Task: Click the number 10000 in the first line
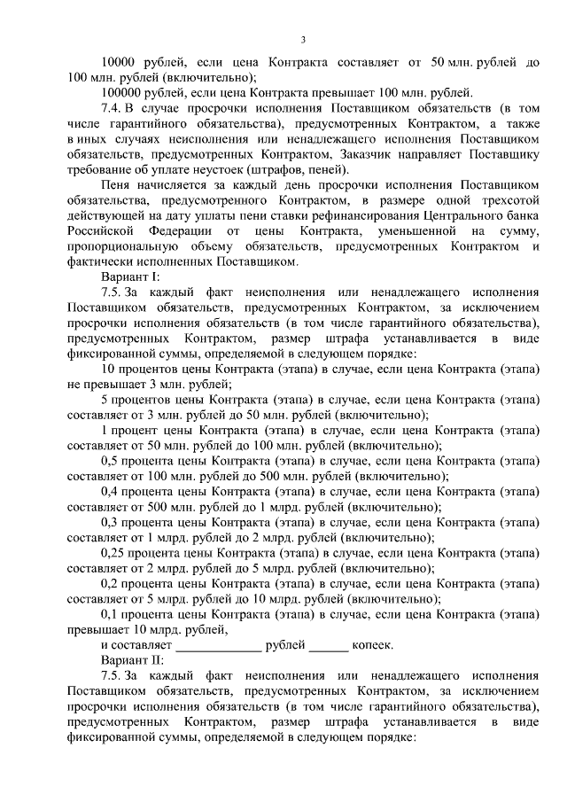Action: (120, 62)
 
